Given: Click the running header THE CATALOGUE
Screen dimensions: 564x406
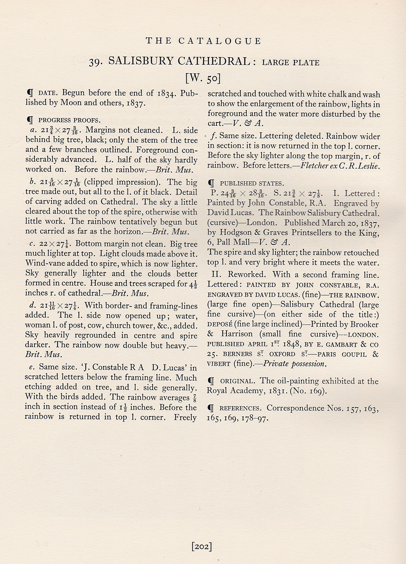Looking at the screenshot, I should [203, 41].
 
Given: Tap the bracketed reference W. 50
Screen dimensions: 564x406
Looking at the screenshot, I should [203, 77].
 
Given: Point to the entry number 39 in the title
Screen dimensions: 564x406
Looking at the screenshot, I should [97, 61].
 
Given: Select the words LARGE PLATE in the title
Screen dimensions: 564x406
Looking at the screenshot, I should [291, 62].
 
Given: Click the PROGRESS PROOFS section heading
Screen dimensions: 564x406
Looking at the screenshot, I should [69, 120].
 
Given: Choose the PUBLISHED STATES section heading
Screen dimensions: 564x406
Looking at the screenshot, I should [252, 184].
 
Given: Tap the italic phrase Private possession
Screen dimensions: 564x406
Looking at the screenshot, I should [294, 364].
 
